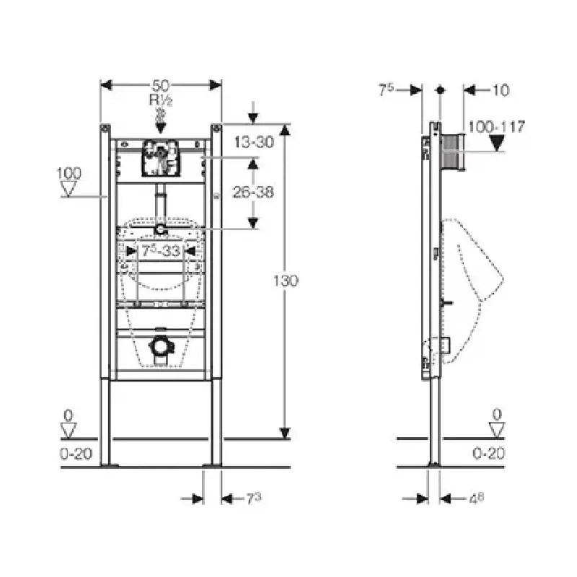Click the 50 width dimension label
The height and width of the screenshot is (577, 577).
tap(161, 86)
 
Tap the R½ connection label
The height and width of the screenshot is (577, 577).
tap(161, 100)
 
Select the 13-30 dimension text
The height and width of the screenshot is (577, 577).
tap(255, 141)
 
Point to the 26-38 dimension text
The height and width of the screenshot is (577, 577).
tap(254, 192)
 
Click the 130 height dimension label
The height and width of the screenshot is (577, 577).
tap(286, 281)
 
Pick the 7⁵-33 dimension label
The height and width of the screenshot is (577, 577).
tap(161, 251)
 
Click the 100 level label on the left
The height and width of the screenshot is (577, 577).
tap(69, 173)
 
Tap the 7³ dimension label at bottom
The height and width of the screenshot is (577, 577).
tap(254, 498)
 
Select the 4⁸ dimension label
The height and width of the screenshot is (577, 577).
tap(476, 498)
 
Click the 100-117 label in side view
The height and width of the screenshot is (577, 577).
tap(496, 127)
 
